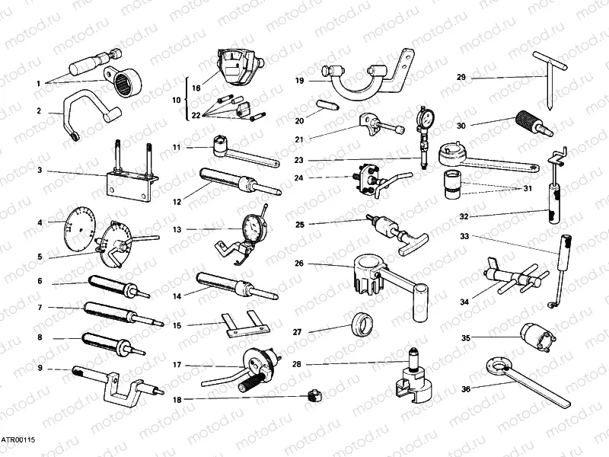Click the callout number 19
click(300, 80)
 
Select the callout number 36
click(465, 389)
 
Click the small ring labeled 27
click(362, 325)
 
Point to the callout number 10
click(176, 100)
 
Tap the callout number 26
click(299, 264)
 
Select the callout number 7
click(40, 308)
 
